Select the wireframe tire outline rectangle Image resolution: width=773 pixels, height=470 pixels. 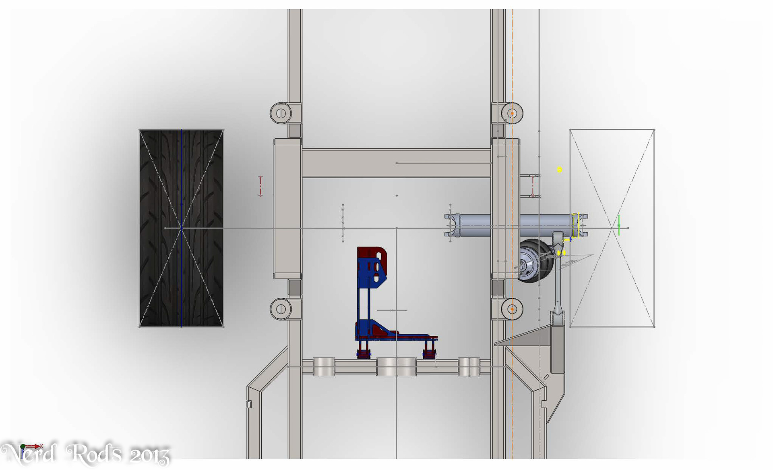[x=570, y=228]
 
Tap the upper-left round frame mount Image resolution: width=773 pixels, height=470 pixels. [x=281, y=113]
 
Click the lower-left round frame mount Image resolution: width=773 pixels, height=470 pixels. [x=281, y=309]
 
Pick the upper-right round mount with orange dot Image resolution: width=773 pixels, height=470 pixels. [x=512, y=113]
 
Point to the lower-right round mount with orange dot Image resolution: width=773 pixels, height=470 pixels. [x=512, y=309]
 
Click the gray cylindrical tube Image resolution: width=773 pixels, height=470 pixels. [x=515, y=225]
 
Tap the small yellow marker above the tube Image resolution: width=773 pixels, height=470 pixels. [x=559, y=169]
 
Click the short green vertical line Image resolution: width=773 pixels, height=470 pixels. [x=619, y=226]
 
